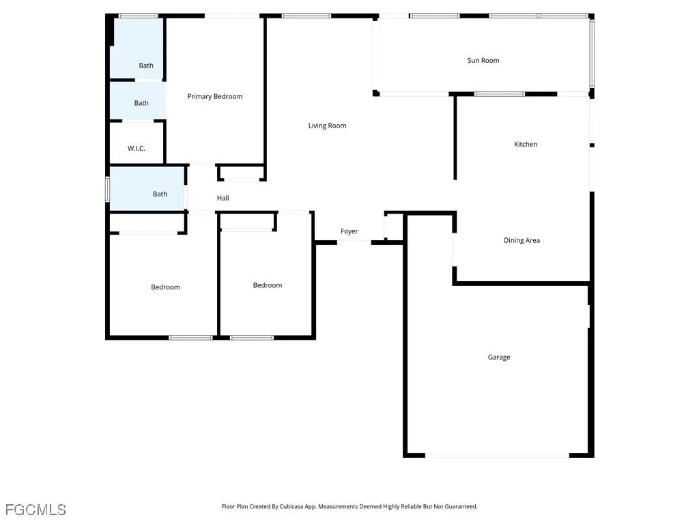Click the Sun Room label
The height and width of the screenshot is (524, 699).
[483, 61]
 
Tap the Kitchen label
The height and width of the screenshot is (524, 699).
[526, 145]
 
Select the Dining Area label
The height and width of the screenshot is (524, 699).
[522, 241]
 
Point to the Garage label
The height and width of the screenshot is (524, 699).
[499, 358]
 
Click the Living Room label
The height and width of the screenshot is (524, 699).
[328, 126]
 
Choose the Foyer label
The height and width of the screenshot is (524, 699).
[349, 232]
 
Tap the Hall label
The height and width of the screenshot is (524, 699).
[223, 199]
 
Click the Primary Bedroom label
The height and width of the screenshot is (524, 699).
[215, 97]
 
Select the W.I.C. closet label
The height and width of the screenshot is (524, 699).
[137, 149]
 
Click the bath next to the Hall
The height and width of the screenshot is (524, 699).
[160, 194]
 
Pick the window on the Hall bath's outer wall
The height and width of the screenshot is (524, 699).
[107, 189]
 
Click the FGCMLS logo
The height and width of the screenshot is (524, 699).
[35, 510]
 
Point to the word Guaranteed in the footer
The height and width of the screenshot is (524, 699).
[460, 507]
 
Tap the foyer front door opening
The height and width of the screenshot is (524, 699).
[354, 242]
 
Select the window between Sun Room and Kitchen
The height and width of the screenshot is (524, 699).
[499, 94]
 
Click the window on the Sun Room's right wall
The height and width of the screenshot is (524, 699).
[592, 54]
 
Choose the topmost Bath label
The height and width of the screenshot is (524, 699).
[146, 66]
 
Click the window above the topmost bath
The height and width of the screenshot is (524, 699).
[139, 16]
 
